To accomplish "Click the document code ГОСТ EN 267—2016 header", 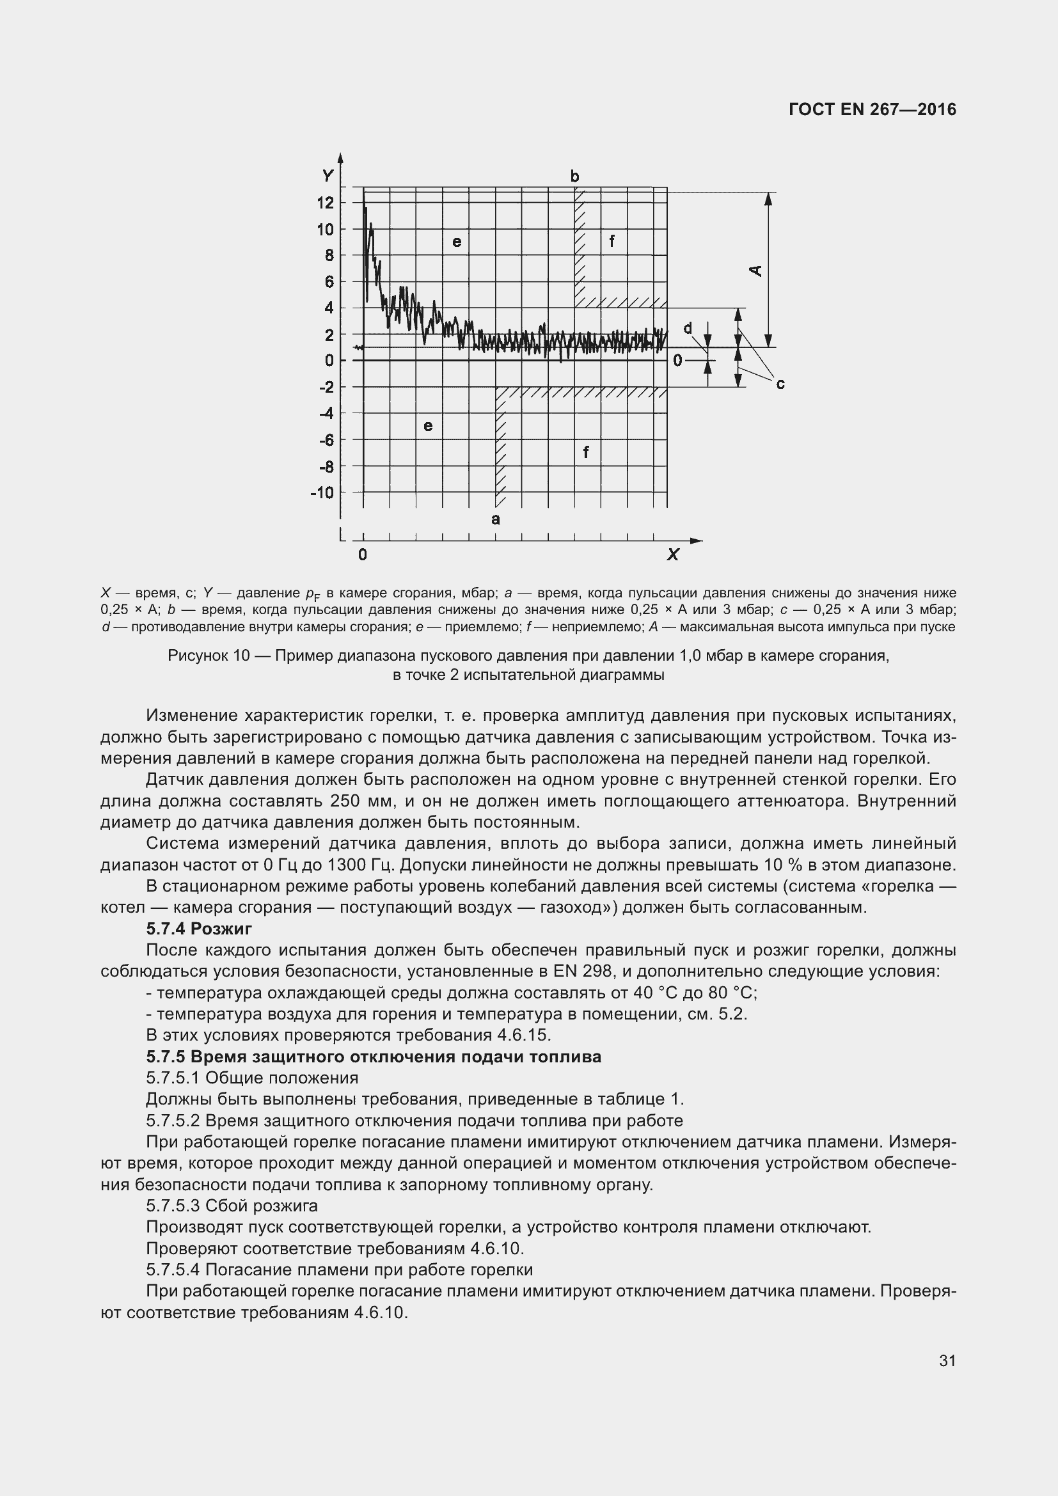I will (x=872, y=109).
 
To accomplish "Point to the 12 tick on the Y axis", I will (x=325, y=203).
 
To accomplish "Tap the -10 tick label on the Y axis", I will (x=322, y=492).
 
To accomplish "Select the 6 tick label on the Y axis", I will (x=329, y=281).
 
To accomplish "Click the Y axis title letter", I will (x=328, y=176).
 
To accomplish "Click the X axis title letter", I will (x=673, y=555).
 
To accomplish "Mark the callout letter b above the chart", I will (x=574, y=177).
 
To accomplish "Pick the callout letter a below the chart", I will (x=496, y=519).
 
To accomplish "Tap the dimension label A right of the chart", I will (x=756, y=270).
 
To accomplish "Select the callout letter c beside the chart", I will (x=780, y=384).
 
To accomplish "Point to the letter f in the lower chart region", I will (x=587, y=452).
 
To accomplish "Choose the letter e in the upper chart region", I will (x=457, y=242).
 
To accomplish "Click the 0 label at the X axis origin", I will (x=363, y=555).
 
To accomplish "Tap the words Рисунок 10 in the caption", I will (x=209, y=656).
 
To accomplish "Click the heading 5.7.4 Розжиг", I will (x=199, y=929).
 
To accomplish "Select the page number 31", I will (x=947, y=1360).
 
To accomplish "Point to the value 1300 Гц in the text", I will (x=359, y=865).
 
